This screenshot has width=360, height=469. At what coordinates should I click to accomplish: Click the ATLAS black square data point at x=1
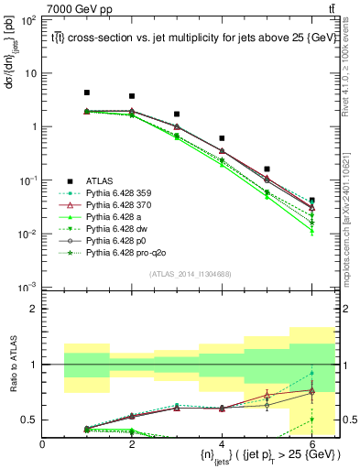87,93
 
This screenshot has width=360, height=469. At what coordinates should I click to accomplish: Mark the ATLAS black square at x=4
222,138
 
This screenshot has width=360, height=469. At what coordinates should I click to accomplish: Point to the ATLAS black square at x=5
267,169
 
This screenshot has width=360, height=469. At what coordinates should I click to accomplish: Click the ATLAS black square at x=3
177,115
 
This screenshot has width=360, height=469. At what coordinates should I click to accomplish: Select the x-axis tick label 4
222,443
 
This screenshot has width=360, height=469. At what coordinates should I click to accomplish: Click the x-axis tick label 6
311,443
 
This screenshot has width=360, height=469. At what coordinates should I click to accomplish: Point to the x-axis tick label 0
42,443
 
